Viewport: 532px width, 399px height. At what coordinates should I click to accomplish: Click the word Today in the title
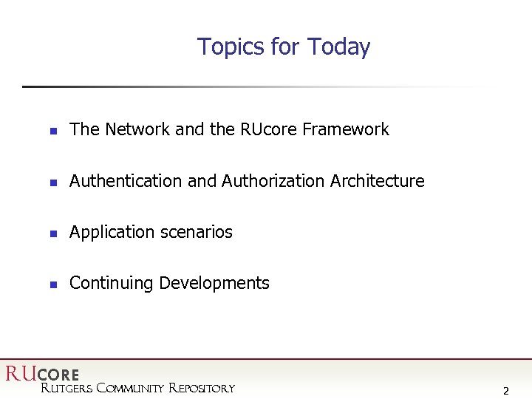pyautogui.click(x=339, y=47)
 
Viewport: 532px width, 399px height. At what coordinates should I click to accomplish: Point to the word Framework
pyautogui.click(x=346, y=129)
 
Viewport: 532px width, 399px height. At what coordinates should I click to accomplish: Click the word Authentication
pyautogui.click(x=126, y=181)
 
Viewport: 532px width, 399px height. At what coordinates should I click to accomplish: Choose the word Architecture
pyautogui.click(x=378, y=181)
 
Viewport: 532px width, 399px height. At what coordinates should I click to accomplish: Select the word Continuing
pyautogui.click(x=112, y=283)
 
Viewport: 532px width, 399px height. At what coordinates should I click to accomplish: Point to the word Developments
pyautogui.click(x=214, y=283)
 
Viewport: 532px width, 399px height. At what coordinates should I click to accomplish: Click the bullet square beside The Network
pyautogui.click(x=53, y=131)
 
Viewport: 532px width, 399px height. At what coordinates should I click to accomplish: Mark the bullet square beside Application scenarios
pyautogui.click(x=53, y=233)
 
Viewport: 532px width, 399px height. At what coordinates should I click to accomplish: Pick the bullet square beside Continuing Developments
pyautogui.click(x=53, y=284)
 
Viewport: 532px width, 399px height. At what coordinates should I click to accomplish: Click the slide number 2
pyautogui.click(x=505, y=391)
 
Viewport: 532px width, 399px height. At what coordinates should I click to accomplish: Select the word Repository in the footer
pyautogui.click(x=202, y=388)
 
